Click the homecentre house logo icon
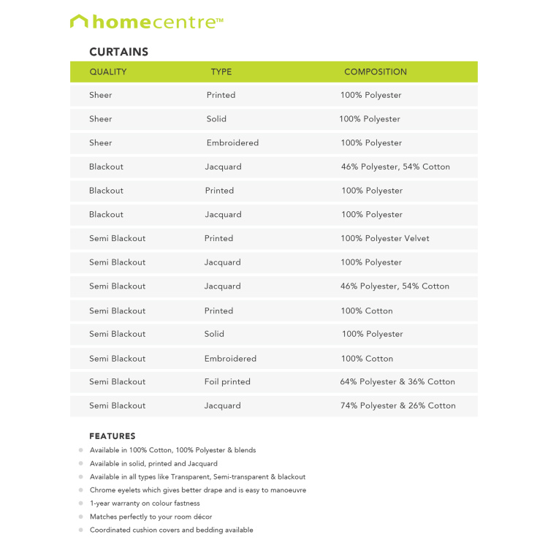pos(79,22)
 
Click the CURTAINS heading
pos(118,52)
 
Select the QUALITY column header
pos(108,72)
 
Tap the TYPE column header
pos(221,72)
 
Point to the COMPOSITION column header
pos(376,72)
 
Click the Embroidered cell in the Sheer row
pos(232,142)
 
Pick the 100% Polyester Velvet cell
pos(385,238)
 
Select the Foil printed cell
pos(227,381)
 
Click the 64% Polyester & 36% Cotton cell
pos(397,381)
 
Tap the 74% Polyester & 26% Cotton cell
pos(397,406)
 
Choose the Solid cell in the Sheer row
pos(216,119)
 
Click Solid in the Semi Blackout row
pos(214,334)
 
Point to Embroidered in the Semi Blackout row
pos(230,359)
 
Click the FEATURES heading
pos(113,436)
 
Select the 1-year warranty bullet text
pos(145,503)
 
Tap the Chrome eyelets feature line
pos(198,490)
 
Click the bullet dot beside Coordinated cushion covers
pos(81,530)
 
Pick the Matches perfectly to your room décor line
pos(151,517)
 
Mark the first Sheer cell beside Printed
pos(101,95)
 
